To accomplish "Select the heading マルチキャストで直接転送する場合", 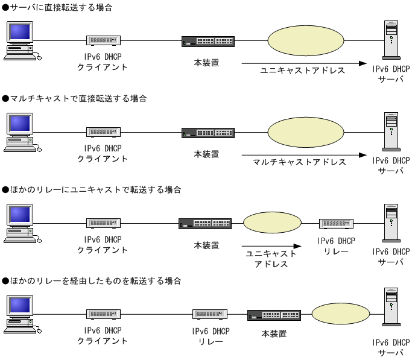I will click(x=75, y=98).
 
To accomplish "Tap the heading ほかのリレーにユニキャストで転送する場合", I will click(x=92, y=189).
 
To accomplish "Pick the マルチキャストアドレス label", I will click(x=300, y=162).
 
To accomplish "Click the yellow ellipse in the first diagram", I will click(x=306, y=40).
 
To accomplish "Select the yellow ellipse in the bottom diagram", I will click(x=340, y=314).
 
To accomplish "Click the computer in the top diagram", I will click(x=20, y=41).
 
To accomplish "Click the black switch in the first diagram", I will click(x=208, y=42).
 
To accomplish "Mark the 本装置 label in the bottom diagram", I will click(x=274, y=333).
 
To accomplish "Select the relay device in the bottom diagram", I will click(x=210, y=314).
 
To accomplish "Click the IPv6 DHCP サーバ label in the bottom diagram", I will click(x=391, y=347).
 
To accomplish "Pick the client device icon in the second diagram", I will click(x=103, y=133).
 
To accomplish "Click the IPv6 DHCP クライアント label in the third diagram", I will click(x=103, y=244).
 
